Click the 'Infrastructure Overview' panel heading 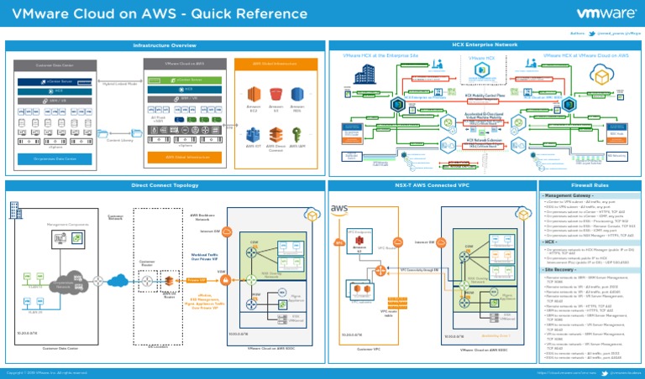[x=165, y=44]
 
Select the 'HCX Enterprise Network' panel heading [x=484, y=44]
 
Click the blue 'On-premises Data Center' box [x=55, y=158]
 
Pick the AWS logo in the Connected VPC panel [x=340, y=209]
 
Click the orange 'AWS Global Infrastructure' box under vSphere [x=187, y=157]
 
